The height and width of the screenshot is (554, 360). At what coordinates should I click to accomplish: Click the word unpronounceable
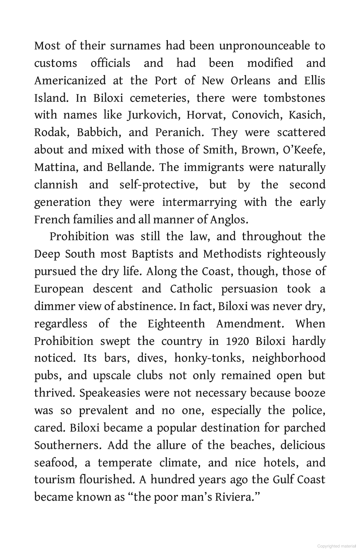point(264,46)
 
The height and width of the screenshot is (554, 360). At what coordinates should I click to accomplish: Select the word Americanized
point(70,81)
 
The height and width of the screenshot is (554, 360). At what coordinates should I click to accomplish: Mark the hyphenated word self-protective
point(158,185)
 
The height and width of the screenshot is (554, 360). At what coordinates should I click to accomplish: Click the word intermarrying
point(199,202)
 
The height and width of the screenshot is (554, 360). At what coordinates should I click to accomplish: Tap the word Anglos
point(229,220)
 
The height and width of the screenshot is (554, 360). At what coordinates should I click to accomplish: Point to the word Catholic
point(191,289)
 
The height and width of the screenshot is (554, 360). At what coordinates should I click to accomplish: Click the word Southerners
point(67,446)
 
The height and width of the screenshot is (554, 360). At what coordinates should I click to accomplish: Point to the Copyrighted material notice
point(336,546)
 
